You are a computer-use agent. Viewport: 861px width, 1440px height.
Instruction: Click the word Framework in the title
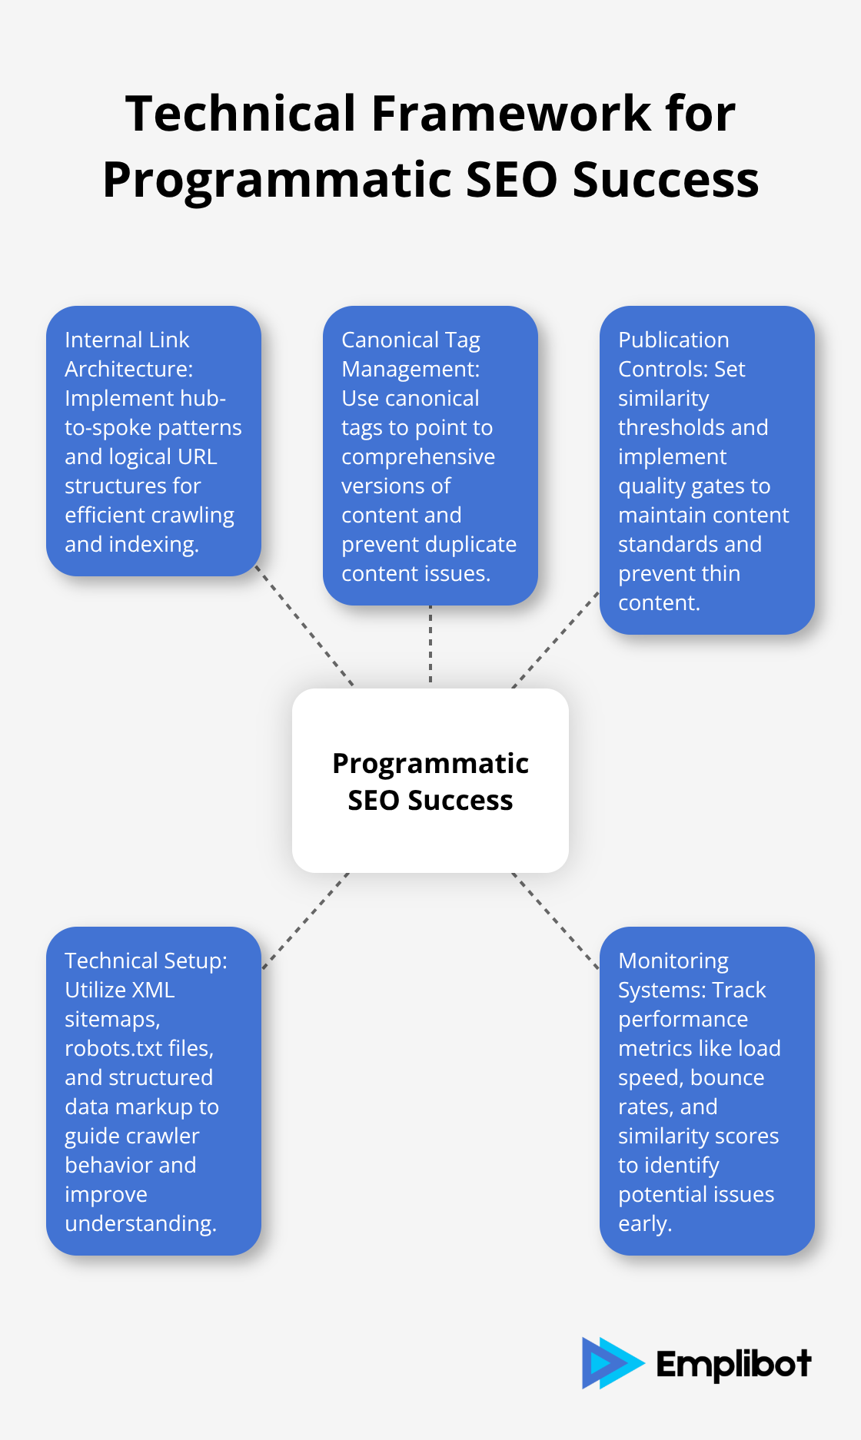point(513,114)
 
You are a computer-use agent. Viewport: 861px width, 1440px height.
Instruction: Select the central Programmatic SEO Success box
point(430,781)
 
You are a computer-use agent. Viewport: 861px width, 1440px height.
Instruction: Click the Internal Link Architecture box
point(154,441)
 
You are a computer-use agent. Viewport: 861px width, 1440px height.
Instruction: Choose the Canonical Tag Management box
point(430,456)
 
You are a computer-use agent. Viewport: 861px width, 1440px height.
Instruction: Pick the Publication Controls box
point(706,470)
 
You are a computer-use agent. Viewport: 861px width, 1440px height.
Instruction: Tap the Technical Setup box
point(154,1091)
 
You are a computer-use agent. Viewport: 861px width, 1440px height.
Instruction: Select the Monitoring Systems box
point(706,1091)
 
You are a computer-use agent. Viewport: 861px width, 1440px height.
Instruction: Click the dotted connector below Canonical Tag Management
point(430,645)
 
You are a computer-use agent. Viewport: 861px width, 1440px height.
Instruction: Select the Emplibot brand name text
point(733,1365)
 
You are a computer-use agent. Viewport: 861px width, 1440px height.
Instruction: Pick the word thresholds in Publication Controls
point(693,427)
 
